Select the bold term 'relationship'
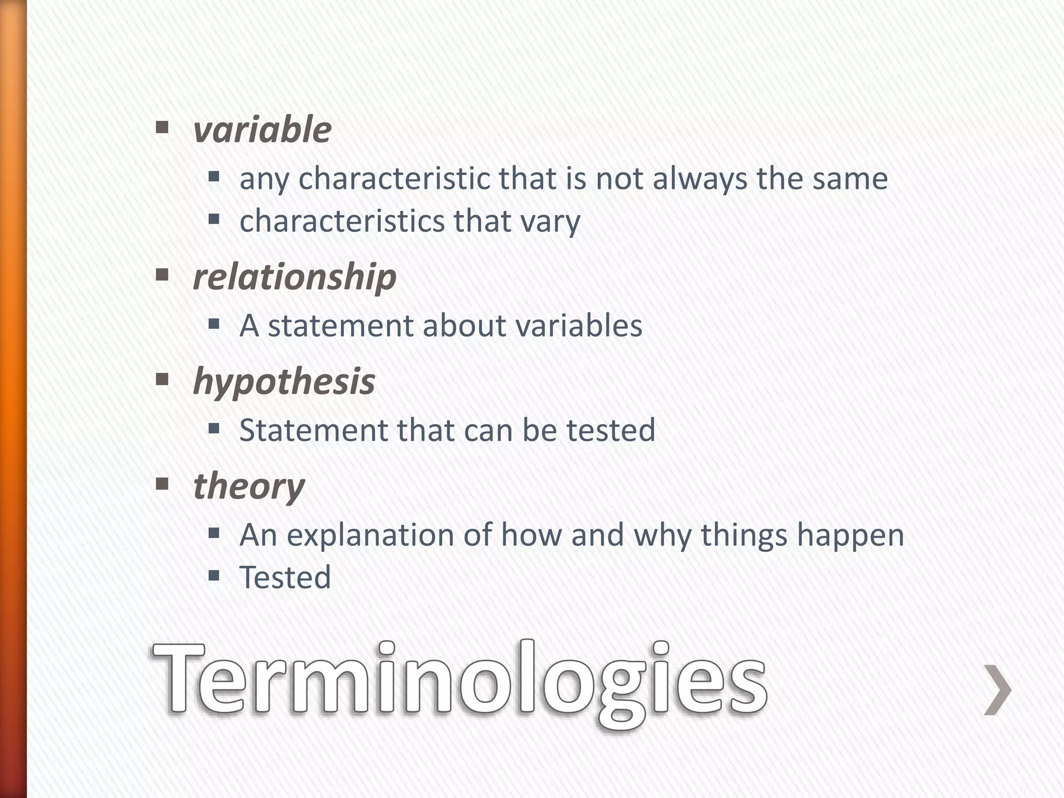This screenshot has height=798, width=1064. click(295, 277)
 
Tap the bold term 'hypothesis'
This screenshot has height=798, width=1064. click(284, 382)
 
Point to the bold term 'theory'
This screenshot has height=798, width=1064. click(249, 487)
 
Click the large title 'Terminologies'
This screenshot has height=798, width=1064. click(459, 681)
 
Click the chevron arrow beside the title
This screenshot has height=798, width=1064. click(998, 690)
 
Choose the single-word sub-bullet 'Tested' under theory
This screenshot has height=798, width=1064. click(285, 578)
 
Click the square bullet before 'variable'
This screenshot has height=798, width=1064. click(163, 127)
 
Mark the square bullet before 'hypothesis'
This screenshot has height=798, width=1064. click(163, 380)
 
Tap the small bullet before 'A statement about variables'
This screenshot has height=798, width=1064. click(214, 325)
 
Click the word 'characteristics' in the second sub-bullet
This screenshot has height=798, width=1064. click(342, 221)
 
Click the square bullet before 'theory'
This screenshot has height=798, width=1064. click(163, 485)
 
